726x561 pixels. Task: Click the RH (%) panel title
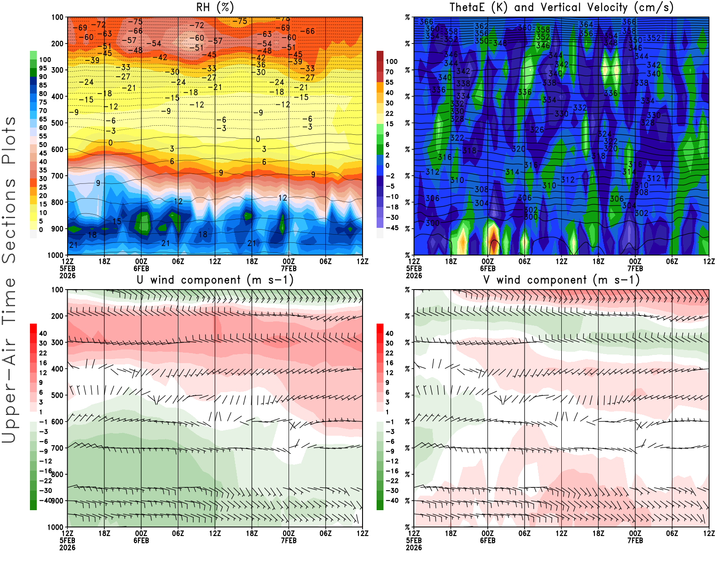[215, 7]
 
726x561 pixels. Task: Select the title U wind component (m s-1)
[215, 280]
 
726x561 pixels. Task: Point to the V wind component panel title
[561, 280]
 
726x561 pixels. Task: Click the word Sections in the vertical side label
[9, 220]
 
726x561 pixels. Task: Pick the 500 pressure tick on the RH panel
[57, 123]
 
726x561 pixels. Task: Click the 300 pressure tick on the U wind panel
[57, 342]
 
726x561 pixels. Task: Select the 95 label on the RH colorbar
[43, 68]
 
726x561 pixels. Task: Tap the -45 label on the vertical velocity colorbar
[392, 228]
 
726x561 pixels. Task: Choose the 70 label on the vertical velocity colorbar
[389, 72]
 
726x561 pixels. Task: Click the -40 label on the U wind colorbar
[45, 500]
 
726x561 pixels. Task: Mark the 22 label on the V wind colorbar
[389, 353]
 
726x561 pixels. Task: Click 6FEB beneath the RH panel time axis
[141, 268]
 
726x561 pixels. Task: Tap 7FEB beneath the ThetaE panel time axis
[635, 268]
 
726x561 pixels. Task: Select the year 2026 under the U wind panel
[67, 547]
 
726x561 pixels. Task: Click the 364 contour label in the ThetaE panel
[586, 25]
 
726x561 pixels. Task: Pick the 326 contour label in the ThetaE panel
[537, 130]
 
